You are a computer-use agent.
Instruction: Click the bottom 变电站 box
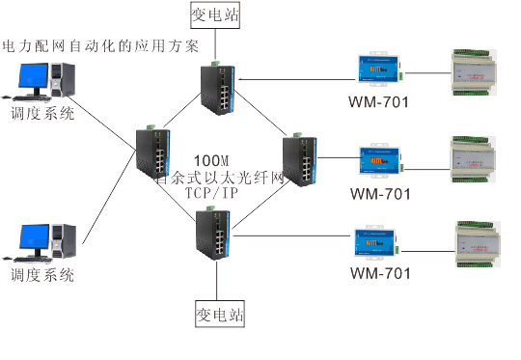(x=220, y=315)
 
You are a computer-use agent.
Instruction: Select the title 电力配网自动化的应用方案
(x=101, y=45)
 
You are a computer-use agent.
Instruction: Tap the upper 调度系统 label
(x=41, y=113)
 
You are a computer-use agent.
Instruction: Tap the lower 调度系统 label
(x=41, y=275)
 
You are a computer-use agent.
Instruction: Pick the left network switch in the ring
(x=152, y=154)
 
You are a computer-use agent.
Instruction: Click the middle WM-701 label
(x=380, y=193)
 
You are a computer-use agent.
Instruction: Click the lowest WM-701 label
(x=380, y=273)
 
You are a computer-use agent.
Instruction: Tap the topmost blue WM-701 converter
(x=380, y=69)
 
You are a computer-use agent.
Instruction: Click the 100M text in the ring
(x=212, y=159)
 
